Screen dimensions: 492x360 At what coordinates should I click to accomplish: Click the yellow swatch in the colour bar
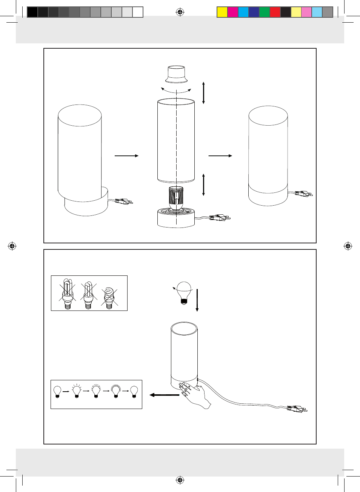(x=222, y=12)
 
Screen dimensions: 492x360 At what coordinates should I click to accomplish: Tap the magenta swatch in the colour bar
(x=232, y=12)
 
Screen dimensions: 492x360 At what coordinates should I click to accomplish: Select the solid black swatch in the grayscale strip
(x=32, y=12)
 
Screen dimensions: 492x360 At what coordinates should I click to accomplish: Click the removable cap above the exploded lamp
(x=176, y=74)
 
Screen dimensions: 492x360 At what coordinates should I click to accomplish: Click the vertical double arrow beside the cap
(x=203, y=93)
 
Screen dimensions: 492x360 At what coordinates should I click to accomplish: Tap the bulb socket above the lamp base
(x=176, y=198)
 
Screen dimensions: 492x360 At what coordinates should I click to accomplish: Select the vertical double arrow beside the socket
(x=203, y=184)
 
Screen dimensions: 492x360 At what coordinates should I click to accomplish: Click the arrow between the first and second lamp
(x=126, y=155)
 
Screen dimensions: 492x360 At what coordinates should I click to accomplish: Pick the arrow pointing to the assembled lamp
(x=220, y=155)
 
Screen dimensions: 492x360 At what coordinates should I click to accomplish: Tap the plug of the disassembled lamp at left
(x=123, y=201)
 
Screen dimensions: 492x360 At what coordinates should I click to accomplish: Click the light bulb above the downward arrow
(x=184, y=293)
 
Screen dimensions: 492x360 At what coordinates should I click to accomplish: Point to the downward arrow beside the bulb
(x=197, y=300)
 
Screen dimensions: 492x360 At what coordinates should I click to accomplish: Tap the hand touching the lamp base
(x=194, y=394)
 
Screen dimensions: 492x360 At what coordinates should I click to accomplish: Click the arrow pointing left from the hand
(x=164, y=395)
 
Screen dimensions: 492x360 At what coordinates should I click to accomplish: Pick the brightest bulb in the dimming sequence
(x=115, y=391)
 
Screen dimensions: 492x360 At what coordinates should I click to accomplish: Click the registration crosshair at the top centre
(x=180, y=12)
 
